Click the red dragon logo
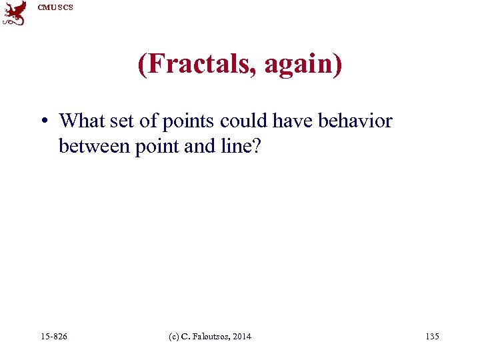point(15,13)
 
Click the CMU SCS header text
point(55,7)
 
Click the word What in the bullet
point(79,121)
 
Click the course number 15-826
point(53,337)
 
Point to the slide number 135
point(431,337)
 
